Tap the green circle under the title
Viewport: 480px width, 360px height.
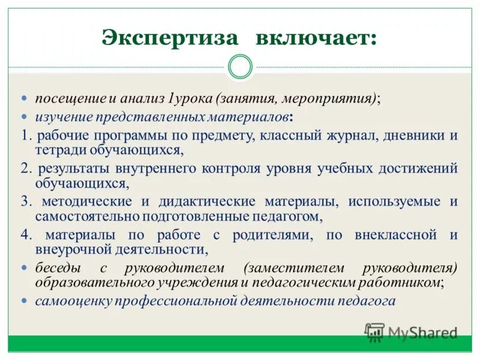241,67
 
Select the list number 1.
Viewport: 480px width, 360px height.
25,135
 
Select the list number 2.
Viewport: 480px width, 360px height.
25,168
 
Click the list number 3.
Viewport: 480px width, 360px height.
25,201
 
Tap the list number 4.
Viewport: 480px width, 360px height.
25,235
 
